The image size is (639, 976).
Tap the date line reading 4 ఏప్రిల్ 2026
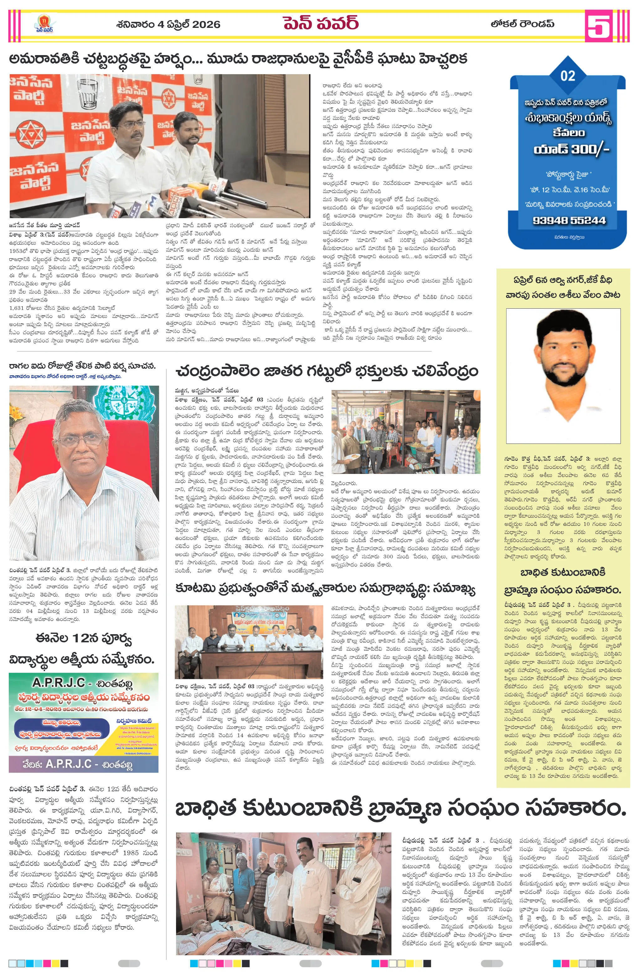[x=168, y=25]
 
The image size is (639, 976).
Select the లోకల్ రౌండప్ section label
[x=522, y=24]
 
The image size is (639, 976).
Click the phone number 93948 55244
[x=569, y=220]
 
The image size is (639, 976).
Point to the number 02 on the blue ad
[x=568, y=76]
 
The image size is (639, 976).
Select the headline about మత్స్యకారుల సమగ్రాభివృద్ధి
[x=325, y=589]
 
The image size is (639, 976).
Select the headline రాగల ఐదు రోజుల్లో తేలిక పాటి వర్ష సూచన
[x=82, y=366]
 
